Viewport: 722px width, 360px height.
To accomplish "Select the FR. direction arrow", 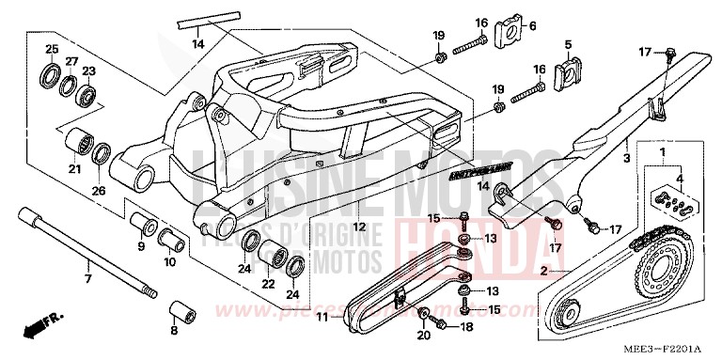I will (x=39, y=327).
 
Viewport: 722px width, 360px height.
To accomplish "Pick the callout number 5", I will (x=568, y=44).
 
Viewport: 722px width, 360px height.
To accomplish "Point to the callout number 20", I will (x=422, y=333).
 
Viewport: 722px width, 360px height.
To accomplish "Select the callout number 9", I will (x=141, y=248).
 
